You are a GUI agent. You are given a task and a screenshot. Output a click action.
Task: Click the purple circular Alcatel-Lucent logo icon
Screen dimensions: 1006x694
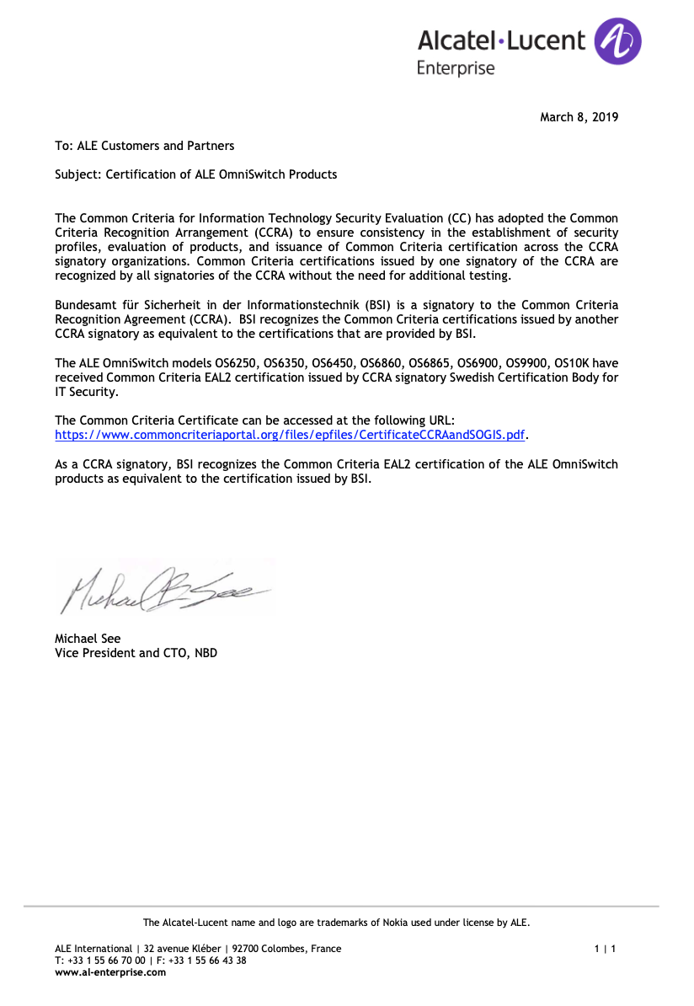click(617, 42)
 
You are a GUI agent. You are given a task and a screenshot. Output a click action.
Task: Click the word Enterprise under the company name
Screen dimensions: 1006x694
click(456, 68)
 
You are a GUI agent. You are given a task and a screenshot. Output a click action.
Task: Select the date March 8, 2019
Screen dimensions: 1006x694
click(579, 117)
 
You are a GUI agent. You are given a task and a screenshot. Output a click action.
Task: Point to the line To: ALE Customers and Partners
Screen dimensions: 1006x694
click(145, 146)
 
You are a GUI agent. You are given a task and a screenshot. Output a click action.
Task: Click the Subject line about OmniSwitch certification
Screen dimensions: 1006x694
click(195, 174)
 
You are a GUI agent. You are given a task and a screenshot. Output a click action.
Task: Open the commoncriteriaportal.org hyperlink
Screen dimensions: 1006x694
click(290, 435)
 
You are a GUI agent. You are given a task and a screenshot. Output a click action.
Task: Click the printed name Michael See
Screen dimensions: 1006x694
click(88, 639)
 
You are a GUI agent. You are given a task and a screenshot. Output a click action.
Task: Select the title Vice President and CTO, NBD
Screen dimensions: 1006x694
click(136, 652)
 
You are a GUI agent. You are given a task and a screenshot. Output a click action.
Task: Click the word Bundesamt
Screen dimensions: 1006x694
click(85, 305)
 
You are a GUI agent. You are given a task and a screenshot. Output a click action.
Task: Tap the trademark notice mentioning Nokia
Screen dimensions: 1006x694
click(336, 923)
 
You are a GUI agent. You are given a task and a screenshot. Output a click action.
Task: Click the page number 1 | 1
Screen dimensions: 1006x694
click(605, 949)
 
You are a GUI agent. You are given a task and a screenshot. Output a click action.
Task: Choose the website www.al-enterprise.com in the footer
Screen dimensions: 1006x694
click(110, 971)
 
